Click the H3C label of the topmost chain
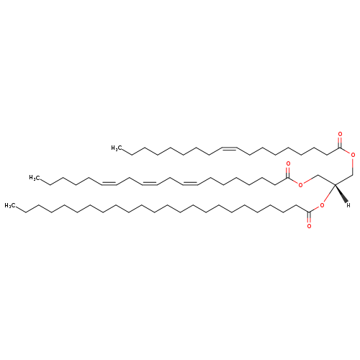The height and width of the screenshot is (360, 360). (115, 148)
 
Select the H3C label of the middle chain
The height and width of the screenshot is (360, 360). (34, 178)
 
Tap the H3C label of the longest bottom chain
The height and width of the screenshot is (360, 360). (9, 206)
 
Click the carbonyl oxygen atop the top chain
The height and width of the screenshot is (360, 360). (340, 134)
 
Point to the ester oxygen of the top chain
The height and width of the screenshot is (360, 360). (353, 155)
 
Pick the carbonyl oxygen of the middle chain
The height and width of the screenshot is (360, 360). (288, 163)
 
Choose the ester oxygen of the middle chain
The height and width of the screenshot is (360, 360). (300, 184)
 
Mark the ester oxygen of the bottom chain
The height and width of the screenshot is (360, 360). (322, 205)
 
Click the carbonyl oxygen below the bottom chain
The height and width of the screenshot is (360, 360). (309, 226)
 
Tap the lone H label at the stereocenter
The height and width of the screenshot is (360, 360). (348, 204)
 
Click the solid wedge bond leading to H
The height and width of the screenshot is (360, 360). (341, 194)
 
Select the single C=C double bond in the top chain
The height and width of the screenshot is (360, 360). (230, 148)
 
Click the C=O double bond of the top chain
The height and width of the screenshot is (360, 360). (340, 143)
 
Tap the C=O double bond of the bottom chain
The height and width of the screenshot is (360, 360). (309, 217)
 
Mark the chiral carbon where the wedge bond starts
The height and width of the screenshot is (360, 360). (335, 184)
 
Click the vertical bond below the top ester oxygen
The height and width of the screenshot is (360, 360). (353, 166)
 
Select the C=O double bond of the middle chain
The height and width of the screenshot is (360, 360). (288, 172)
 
